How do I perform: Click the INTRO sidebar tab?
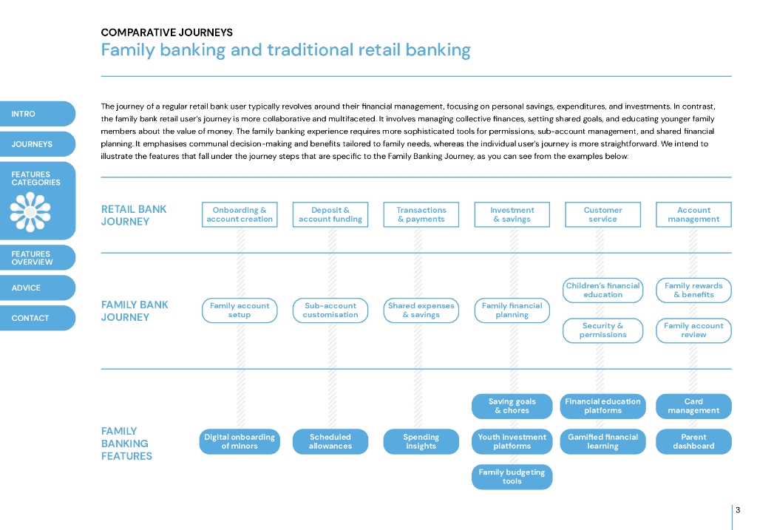pos(37,114)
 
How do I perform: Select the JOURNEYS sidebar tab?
pos(37,144)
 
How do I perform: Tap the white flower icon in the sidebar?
pos(30,212)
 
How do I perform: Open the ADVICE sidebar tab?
pos(37,288)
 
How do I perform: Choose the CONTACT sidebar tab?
pos(37,318)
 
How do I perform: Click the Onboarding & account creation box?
pos(240,214)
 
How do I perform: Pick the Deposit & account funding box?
pos(330,214)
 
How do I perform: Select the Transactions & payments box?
pos(421,214)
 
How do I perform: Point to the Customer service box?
pos(602,214)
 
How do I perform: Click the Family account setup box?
pos(240,310)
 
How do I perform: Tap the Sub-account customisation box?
pos(330,310)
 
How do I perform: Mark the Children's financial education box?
pos(602,290)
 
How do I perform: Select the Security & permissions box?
pos(602,330)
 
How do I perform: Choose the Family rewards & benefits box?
pos(693,290)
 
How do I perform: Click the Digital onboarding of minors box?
pos(240,441)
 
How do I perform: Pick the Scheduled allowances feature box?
pos(330,441)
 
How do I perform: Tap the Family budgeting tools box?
pos(512,477)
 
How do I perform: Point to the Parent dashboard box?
pos(693,441)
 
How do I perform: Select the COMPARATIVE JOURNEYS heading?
pos(167,33)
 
